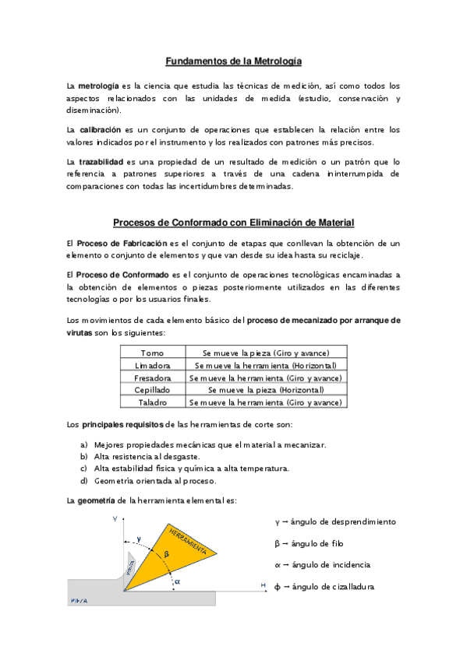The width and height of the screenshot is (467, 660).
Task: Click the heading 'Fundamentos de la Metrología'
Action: point(233,61)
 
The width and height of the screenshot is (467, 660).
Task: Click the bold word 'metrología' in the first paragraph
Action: point(98,85)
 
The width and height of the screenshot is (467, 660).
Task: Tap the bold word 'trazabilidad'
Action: point(101,161)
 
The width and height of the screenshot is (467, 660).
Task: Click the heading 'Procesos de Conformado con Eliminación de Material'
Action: point(233,223)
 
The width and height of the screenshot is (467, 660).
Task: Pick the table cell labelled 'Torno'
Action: point(152,353)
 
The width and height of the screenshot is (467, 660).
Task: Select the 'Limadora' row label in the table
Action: point(152,365)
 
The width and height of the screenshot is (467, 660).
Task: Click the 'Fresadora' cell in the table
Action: point(152,377)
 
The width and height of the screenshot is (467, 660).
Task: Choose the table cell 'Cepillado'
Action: point(152,389)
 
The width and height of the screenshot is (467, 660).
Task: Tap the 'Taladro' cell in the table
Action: point(152,402)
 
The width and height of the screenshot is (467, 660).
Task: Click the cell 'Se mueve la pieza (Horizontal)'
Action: point(265,389)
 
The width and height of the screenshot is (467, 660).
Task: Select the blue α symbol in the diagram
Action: point(178,581)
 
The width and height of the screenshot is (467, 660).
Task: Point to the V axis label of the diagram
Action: point(115,518)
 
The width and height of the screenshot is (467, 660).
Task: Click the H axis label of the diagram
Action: point(264,585)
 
